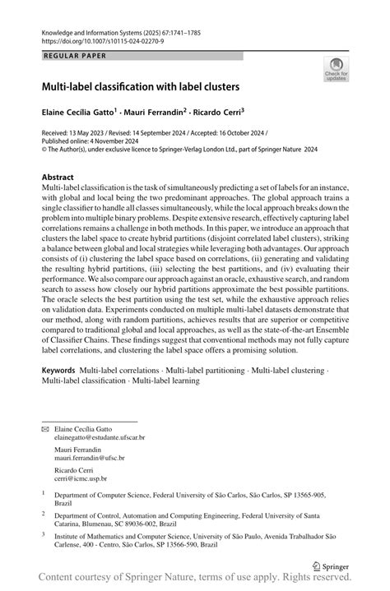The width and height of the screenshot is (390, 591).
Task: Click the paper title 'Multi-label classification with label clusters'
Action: pos(136,85)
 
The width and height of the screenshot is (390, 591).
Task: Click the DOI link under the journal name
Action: pos(104,39)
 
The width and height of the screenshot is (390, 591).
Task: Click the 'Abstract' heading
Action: pos(58,178)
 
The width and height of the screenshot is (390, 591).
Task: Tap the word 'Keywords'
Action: pos(62,371)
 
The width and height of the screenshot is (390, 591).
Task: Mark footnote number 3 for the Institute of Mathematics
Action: pos(44,533)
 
